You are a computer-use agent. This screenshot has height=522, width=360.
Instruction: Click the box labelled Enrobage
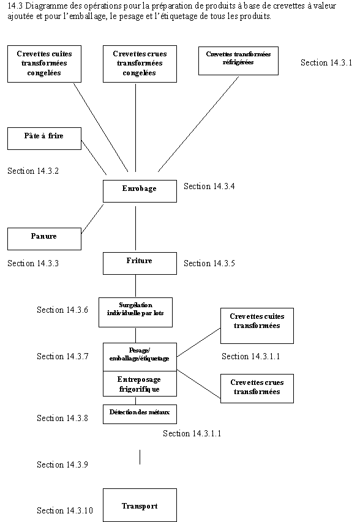click(140, 190)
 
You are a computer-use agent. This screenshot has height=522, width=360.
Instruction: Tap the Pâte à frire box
click(44, 138)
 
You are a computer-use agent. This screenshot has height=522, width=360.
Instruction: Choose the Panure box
click(44, 238)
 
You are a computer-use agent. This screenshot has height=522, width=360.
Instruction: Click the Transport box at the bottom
click(140, 505)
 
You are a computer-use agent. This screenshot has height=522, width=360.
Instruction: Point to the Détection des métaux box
click(140, 414)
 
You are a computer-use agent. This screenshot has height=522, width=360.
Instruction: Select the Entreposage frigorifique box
click(140, 384)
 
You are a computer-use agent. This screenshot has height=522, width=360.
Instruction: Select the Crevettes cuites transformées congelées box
click(44, 64)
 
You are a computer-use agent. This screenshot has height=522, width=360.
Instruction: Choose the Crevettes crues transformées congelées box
click(140, 64)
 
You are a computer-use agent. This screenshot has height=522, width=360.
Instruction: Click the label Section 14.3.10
click(65, 510)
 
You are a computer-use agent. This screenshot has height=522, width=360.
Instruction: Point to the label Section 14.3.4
click(209, 187)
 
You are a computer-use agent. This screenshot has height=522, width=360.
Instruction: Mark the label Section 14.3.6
click(62, 310)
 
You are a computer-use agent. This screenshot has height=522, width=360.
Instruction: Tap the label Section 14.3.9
click(62, 465)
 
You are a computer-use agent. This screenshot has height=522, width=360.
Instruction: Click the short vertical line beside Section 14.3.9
click(140, 457)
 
